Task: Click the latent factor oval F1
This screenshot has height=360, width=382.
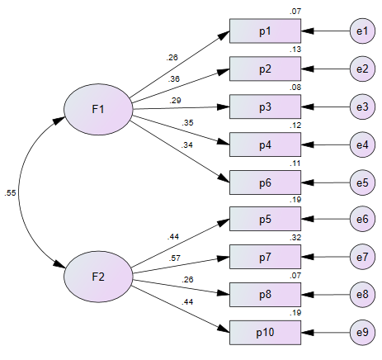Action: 98,109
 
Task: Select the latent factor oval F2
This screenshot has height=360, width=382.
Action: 98,277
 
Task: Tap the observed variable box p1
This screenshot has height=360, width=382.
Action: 266,31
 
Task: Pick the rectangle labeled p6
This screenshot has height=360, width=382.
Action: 266,182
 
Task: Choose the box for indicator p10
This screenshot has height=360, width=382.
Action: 266,333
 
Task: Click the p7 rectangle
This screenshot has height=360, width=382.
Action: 266,257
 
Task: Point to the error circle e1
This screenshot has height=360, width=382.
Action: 362,31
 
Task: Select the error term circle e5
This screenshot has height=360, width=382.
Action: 362,182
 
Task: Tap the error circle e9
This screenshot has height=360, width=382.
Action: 362,333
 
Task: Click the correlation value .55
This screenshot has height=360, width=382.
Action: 10,193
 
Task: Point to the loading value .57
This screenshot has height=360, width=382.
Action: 175,258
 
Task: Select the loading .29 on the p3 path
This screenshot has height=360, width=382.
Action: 175,101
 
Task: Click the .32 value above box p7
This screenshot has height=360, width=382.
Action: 295,238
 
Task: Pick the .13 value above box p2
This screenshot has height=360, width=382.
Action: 295,50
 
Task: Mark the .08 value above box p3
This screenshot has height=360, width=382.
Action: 295,88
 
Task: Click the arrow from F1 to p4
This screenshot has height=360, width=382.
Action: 181,130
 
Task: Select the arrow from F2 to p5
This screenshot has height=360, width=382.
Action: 180,243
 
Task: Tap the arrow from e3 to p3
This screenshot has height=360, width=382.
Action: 326,107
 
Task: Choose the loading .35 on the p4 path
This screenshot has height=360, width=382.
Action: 187,123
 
